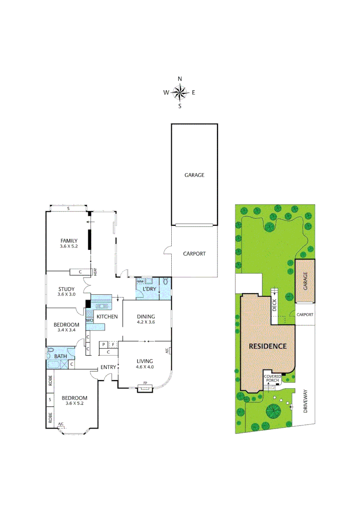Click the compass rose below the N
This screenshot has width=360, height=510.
180,93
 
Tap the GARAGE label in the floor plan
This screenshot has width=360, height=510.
194,175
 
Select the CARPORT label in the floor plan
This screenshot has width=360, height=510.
194,254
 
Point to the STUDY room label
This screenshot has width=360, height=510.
67,289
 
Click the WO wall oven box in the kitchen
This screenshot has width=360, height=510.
89,320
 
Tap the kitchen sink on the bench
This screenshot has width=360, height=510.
104,298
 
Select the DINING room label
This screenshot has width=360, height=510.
146,316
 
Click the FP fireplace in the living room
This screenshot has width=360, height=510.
145,389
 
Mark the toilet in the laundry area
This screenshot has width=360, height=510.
165,282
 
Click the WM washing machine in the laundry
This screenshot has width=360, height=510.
140,281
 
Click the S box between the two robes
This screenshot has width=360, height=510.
50,400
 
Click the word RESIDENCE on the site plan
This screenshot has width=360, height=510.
268,346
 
